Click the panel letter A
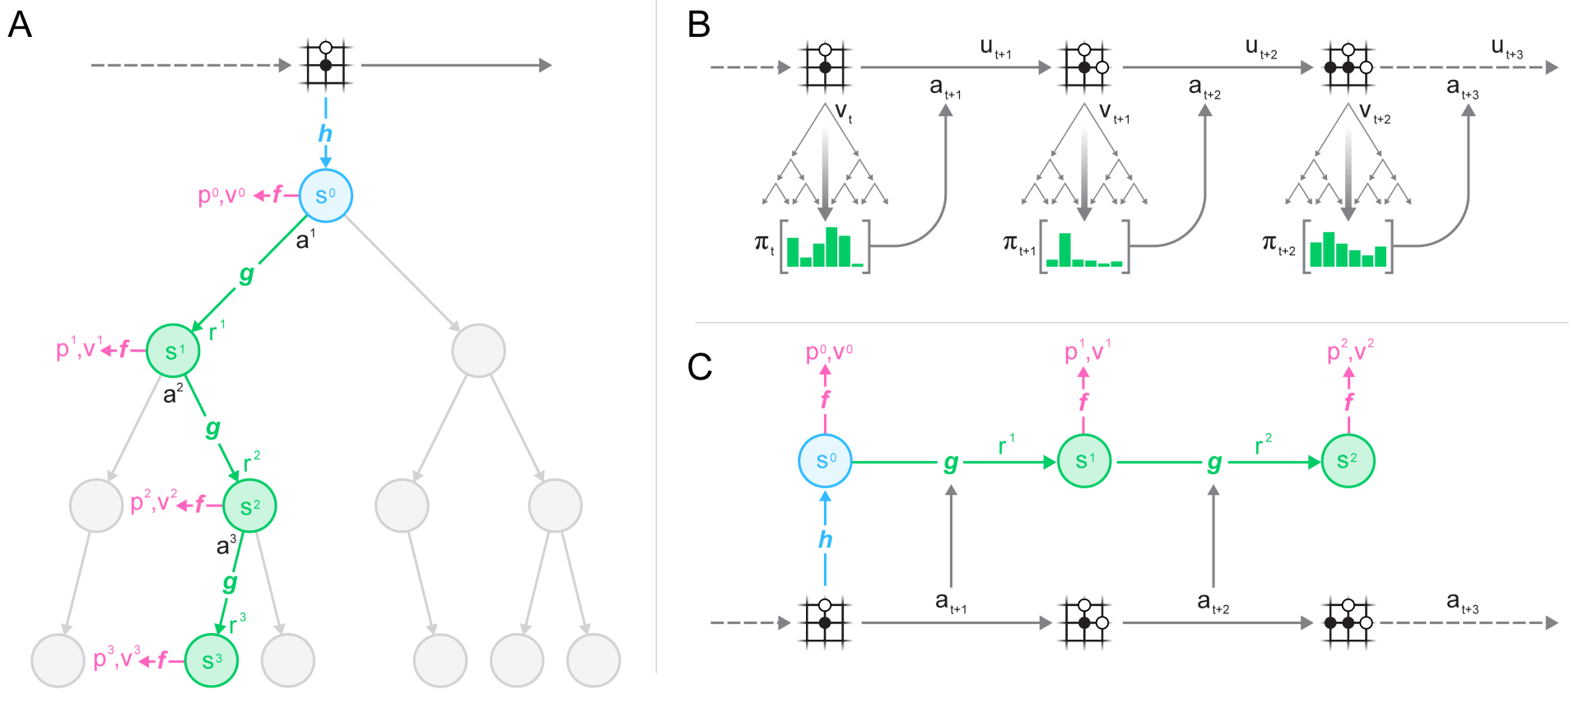coord(20,26)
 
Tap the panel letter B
coord(698,26)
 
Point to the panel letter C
coord(699,367)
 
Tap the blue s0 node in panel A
coord(325,196)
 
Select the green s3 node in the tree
coord(212,660)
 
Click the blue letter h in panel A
coord(325,133)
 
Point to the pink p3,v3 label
coord(117,658)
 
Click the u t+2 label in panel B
coord(1260,49)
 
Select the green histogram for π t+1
coord(1084,249)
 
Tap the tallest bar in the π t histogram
coord(831,246)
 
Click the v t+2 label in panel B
coord(1374,114)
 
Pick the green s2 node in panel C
coord(1348,461)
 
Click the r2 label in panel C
coord(1262,445)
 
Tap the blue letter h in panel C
coord(825,540)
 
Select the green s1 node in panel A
coord(173,351)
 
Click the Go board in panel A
coord(326,64)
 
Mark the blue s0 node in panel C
coord(825,461)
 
